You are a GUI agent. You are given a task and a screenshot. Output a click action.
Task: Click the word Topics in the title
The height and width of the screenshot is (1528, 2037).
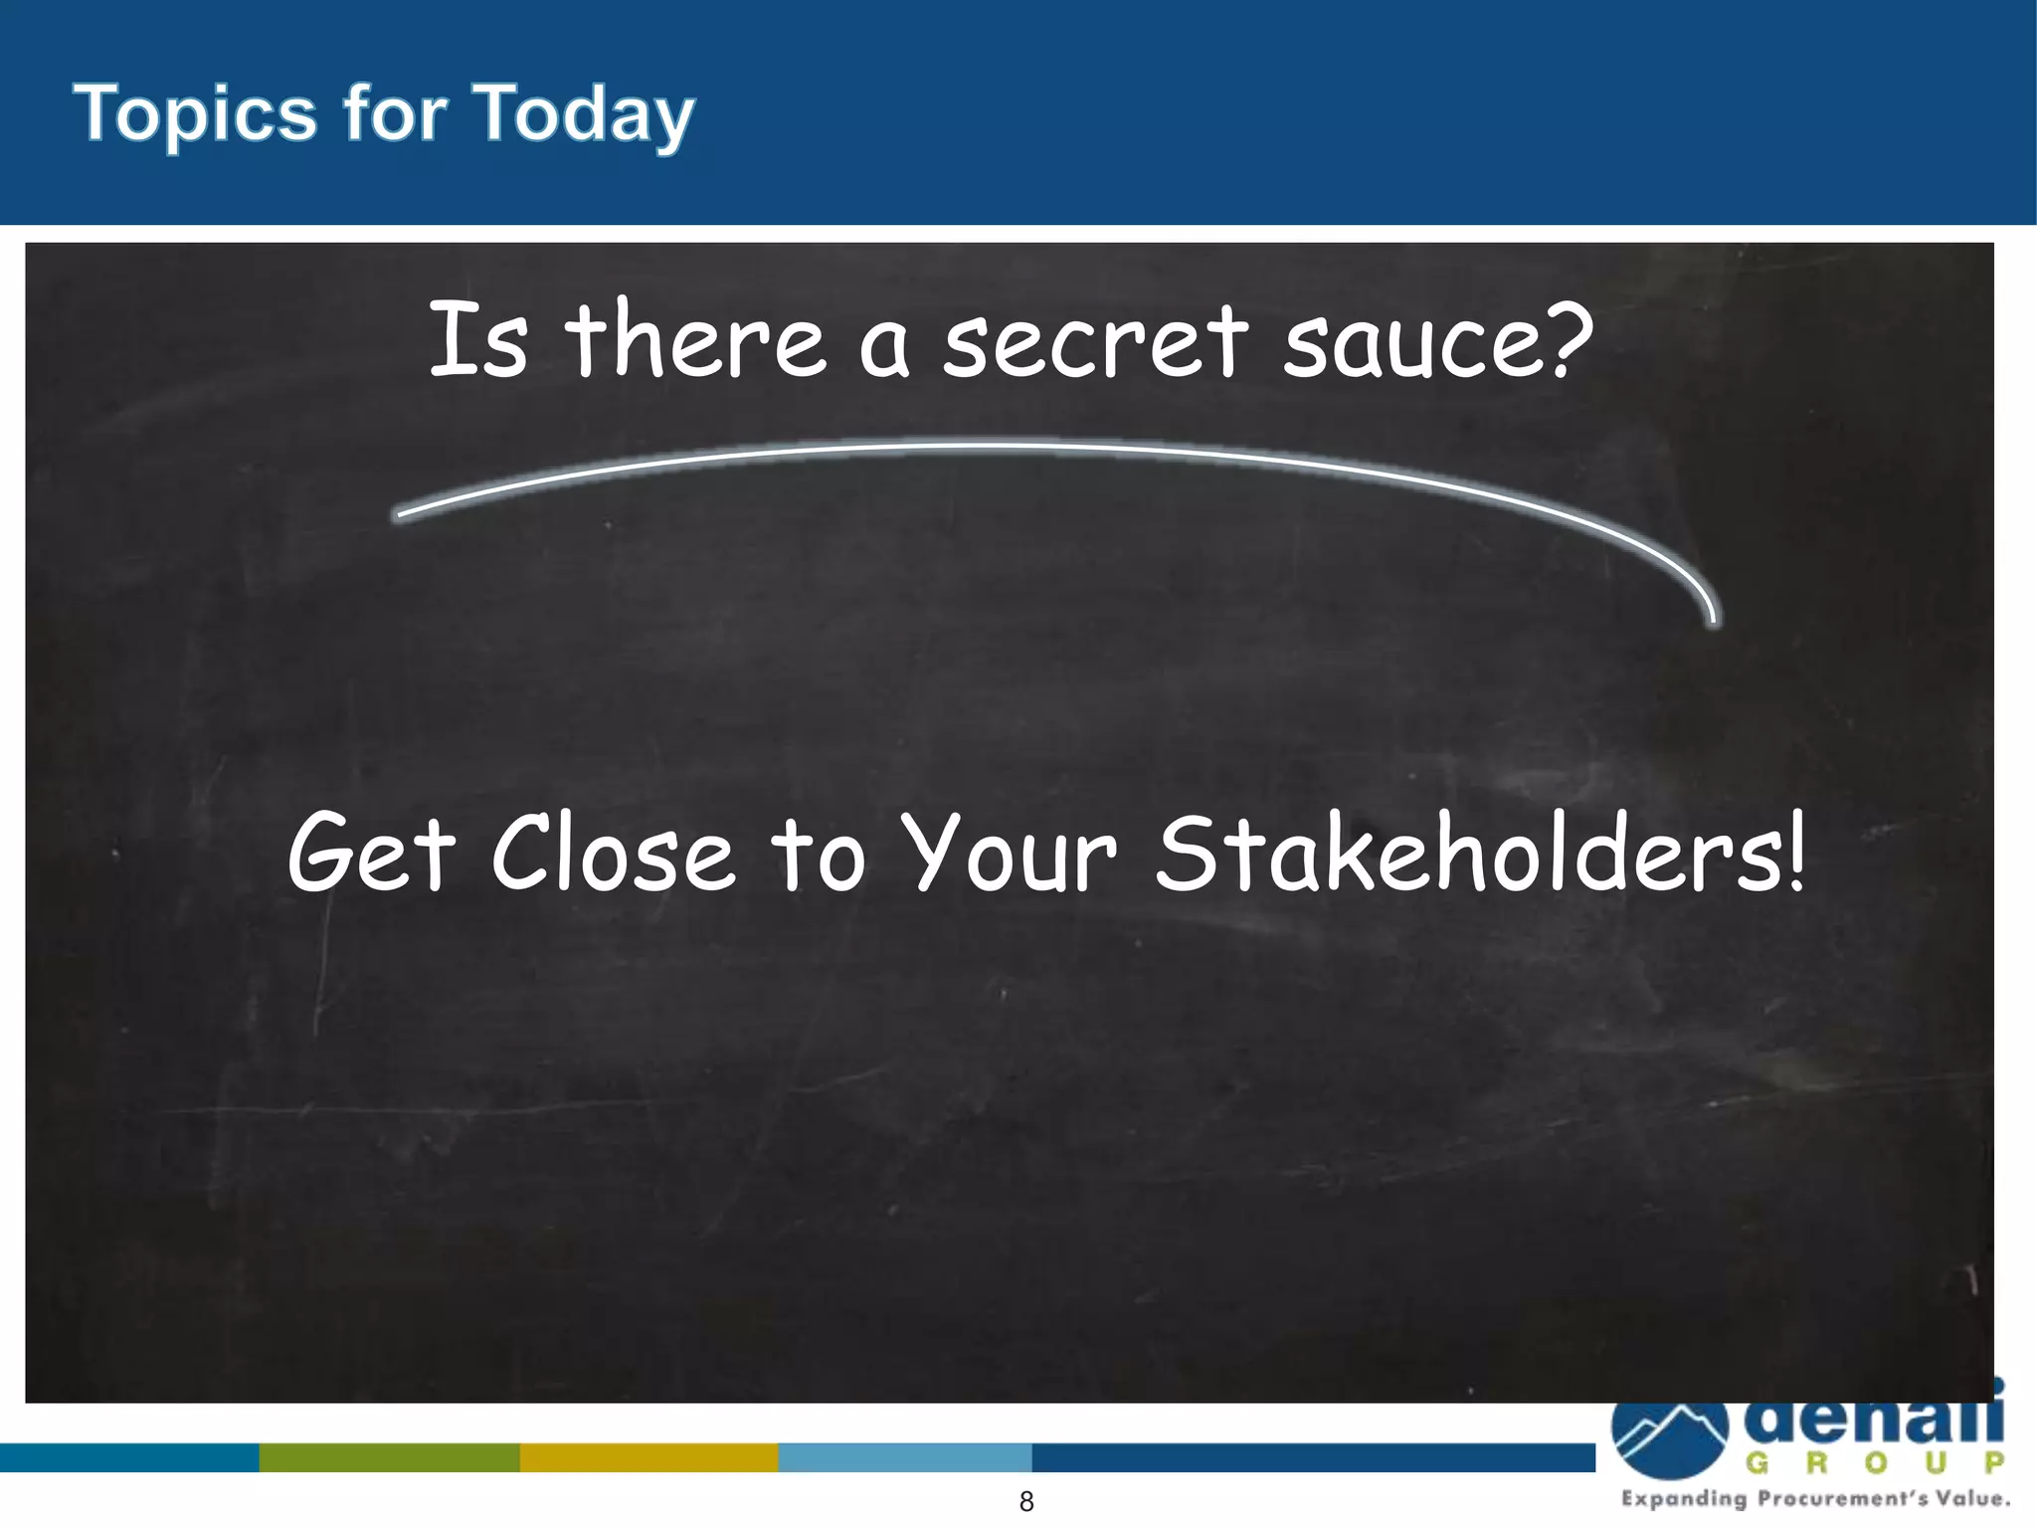(x=195, y=114)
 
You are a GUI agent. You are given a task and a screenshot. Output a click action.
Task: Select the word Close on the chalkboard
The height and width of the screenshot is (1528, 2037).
(x=613, y=853)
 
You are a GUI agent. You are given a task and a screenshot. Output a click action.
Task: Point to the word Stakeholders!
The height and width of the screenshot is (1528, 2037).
(x=1480, y=853)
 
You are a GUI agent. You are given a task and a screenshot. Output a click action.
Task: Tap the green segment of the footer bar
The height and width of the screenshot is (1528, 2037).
(x=389, y=1457)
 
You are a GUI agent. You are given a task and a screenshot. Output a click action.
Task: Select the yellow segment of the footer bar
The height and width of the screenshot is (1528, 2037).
(x=648, y=1457)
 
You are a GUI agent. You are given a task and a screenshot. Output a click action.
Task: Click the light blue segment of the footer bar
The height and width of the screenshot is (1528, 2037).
(x=905, y=1457)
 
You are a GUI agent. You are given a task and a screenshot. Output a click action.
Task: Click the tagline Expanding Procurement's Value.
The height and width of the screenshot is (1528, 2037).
(x=1815, y=1499)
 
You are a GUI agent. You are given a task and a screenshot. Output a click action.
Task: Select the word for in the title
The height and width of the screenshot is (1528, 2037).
(x=395, y=114)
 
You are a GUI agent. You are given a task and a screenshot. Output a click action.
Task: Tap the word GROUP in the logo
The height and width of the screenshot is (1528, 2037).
(x=1875, y=1463)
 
